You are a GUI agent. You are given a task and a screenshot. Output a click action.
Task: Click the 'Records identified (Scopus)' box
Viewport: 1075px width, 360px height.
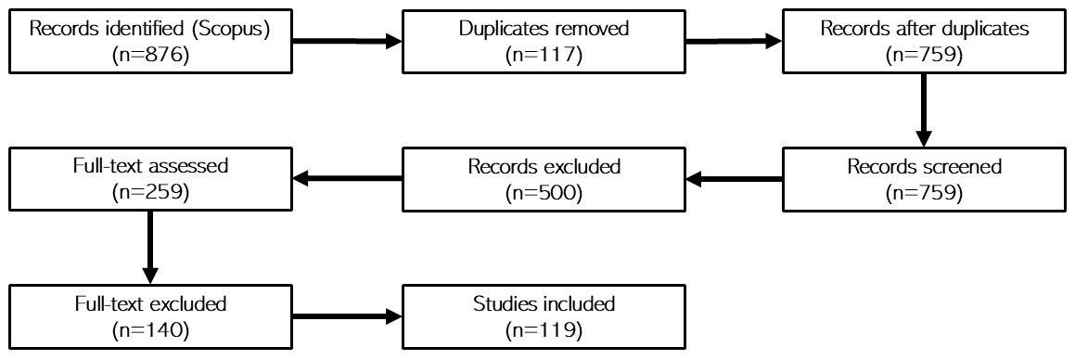pyautogui.click(x=151, y=41)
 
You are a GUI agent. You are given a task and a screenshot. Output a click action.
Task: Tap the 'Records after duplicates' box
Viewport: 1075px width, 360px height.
pyautogui.click(x=924, y=41)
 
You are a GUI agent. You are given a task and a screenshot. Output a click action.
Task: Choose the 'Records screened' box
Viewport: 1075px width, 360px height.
pyautogui.click(x=924, y=179)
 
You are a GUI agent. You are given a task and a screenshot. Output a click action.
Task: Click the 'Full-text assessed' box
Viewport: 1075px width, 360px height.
pyautogui.click(x=151, y=179)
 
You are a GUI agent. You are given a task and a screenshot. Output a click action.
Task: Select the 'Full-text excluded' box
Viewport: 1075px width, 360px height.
pyautogui.click(x=151, y=316)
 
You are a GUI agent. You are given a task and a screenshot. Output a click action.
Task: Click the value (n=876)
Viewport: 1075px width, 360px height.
pyautogui.click(x=151, y=55)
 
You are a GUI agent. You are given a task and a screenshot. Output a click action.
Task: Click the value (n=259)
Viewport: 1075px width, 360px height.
pyautogui.click(x=151, y=193)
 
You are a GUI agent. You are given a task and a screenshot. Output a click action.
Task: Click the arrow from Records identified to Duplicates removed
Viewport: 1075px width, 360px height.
pyautogui.click(x=348, y=41)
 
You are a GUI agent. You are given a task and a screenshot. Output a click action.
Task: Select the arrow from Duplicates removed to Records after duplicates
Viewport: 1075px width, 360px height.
pyautogui.click(x=734, y=41)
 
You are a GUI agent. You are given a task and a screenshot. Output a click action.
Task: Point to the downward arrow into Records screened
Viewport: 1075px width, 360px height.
pyautogui.click(x=924, y=110)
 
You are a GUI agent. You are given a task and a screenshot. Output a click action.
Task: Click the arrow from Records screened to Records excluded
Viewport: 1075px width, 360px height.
pyautogui.click(x=734, y=179)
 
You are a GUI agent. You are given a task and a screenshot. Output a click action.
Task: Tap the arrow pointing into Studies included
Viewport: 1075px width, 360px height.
pyautogui.click(x=348, y=316)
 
